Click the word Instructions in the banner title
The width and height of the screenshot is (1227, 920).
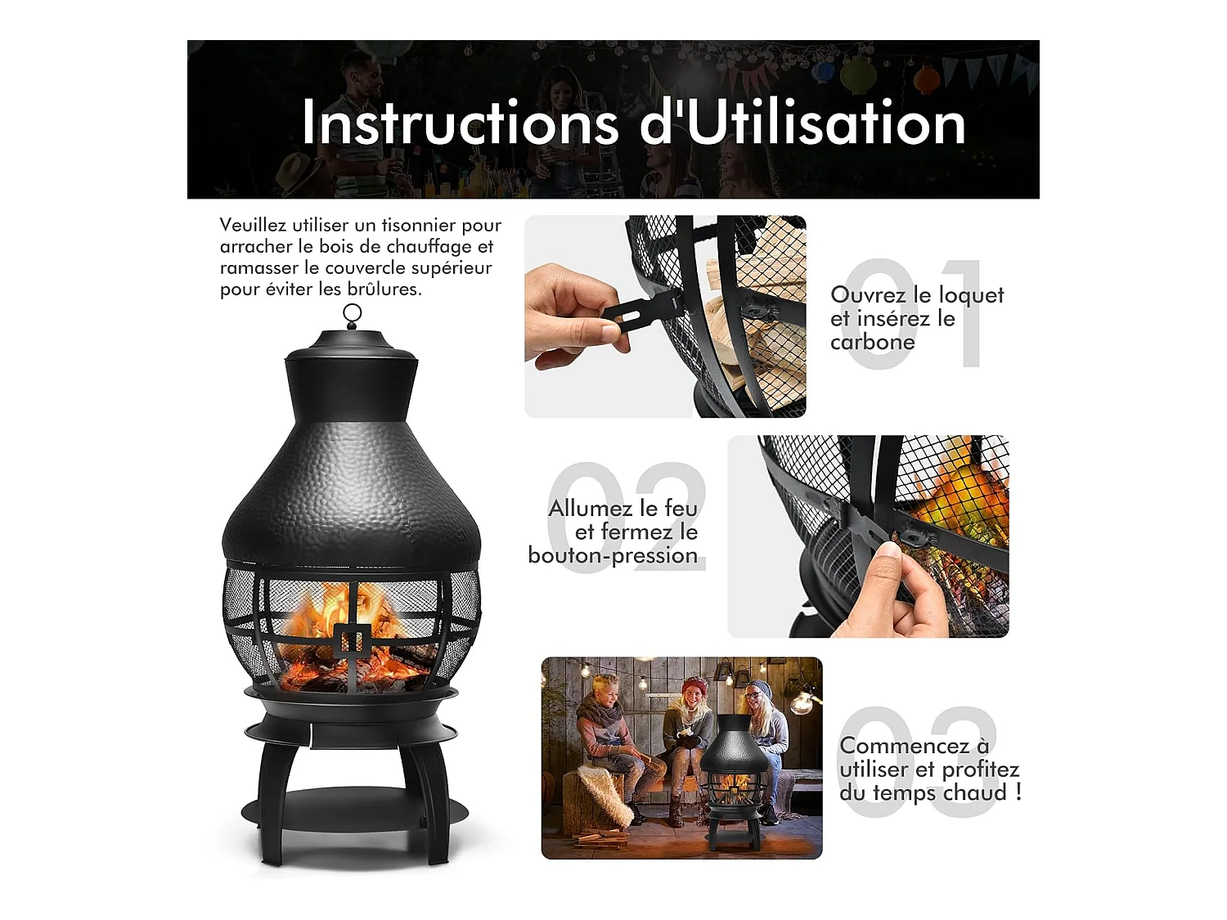click(x=460, y=123)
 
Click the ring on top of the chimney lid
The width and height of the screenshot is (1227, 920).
click(x=353, y=313)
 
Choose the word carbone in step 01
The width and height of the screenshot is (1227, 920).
click(x=872, y=342)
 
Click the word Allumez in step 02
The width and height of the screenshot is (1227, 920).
click(x=593, y=509)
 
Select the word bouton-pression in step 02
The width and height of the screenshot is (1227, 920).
click(x=613, y=555)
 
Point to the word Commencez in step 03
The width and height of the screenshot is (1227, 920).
click(x=905, y=746)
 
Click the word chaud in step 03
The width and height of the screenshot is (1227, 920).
click(x=966, y=792)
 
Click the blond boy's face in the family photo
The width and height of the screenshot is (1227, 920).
click(x=605, y=693)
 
